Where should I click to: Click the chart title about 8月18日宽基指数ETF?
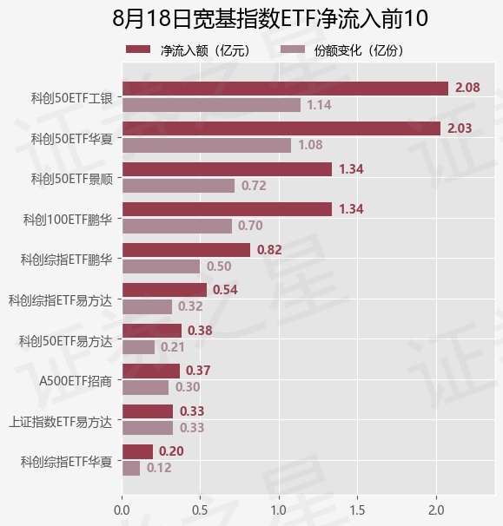tap(270, 18)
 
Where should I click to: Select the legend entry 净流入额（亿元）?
tap(189, 50)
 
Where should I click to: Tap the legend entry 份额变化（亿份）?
tap(341, 50)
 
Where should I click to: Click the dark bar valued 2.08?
tap(285, 89)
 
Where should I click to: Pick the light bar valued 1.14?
tap(211, 105)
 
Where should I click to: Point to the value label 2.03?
tap(460, 128)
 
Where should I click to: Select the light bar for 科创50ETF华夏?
tap(207, 146)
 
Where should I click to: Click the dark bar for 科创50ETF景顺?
tap(227, 169)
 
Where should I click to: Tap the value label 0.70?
tap(250, 226)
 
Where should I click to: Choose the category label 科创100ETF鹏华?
tap(67, 220)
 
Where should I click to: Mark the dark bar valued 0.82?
tap(186, 250)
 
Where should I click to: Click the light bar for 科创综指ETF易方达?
tap(147, 307)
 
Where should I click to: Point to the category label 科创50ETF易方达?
tap(65, 341)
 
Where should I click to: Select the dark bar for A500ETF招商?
tap(151, 371)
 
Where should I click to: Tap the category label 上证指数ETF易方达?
tap(60, 422)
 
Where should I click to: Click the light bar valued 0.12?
tap(131, 469)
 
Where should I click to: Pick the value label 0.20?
tap(171, 451)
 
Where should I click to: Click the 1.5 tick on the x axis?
tap(357, 510)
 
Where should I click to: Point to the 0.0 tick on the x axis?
tap(122, 510)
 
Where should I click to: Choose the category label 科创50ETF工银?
tap(71, 98)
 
